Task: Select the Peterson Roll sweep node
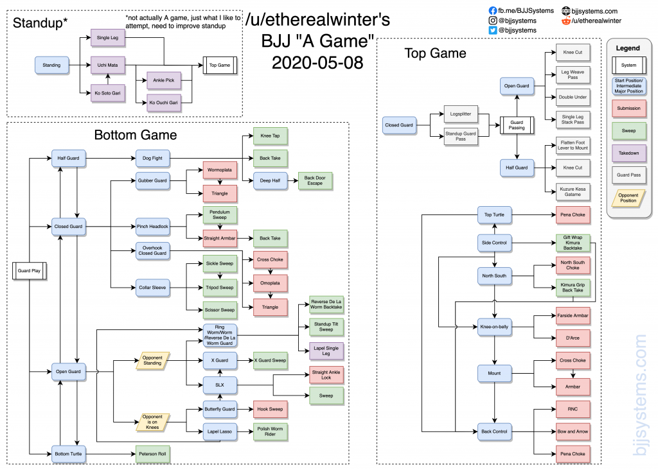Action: (153, 455)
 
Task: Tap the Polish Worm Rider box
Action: (271, 431)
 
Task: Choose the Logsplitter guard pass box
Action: (461, 113)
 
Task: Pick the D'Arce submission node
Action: (573, 337)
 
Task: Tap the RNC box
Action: (573, 408)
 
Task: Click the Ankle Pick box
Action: (164, 80)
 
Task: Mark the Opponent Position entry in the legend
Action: (628, 198)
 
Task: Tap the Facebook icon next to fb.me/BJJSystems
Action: (493, 11)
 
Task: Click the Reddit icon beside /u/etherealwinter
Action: (566, 21)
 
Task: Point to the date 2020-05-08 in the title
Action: (317, 63)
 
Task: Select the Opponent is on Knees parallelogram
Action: (153, 421)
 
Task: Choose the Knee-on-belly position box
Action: (494, 326)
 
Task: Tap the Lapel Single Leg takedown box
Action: (326, 351)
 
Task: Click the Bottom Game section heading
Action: (135, 135)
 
